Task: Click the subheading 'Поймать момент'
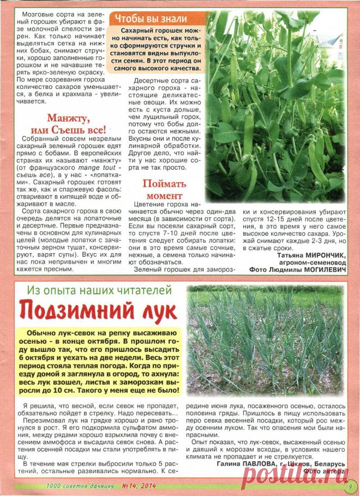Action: coord(165,189)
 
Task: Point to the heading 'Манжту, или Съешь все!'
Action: coord(75,124)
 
